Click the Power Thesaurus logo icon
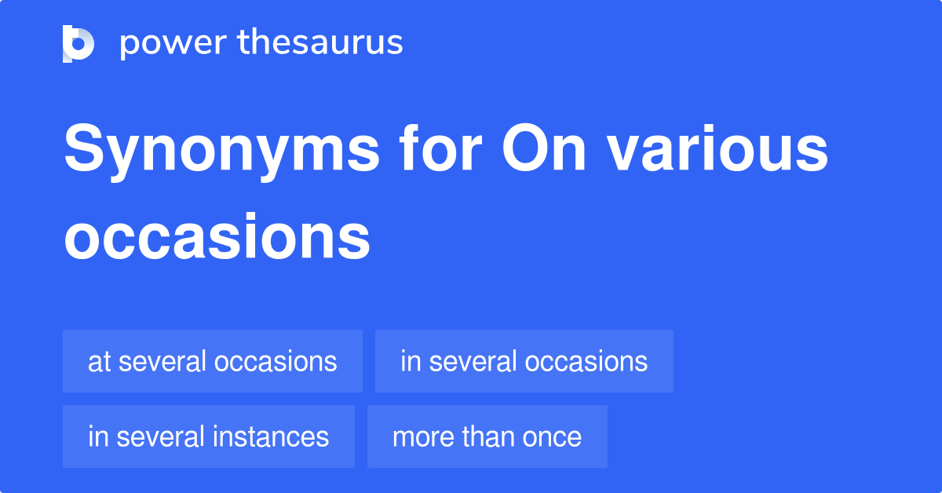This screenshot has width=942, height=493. (78, 43)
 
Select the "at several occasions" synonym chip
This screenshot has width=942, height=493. (213, 361)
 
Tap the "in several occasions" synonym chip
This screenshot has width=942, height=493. (524, 361)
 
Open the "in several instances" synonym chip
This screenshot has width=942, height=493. (209, 436)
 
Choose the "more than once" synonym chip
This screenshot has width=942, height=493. (487, 436)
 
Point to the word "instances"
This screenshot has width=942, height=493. (274, 436)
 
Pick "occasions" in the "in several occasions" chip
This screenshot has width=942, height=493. (586, 362)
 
